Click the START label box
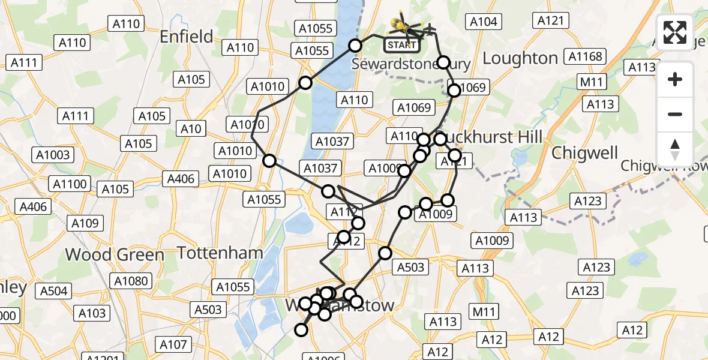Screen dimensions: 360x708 (x=401, y=45)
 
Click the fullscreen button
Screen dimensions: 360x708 (x=675, y=32)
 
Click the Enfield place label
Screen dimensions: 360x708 (x=187, y=37)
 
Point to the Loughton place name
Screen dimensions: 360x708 (x=520, y=58)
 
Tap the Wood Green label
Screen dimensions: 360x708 (x=114, y=254)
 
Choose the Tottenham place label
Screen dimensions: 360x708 (x=220, y=253)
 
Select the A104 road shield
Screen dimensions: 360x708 (x=483, y=22)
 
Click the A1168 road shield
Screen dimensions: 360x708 (x=585, y=57)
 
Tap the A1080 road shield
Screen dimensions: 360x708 (x=131, y=281)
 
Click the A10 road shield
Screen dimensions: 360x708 (x=191, y=128)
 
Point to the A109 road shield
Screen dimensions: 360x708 (x=85, y=223)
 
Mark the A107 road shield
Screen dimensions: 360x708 (x=173, y=344)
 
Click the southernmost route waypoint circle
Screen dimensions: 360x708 (x=301, y=329)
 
